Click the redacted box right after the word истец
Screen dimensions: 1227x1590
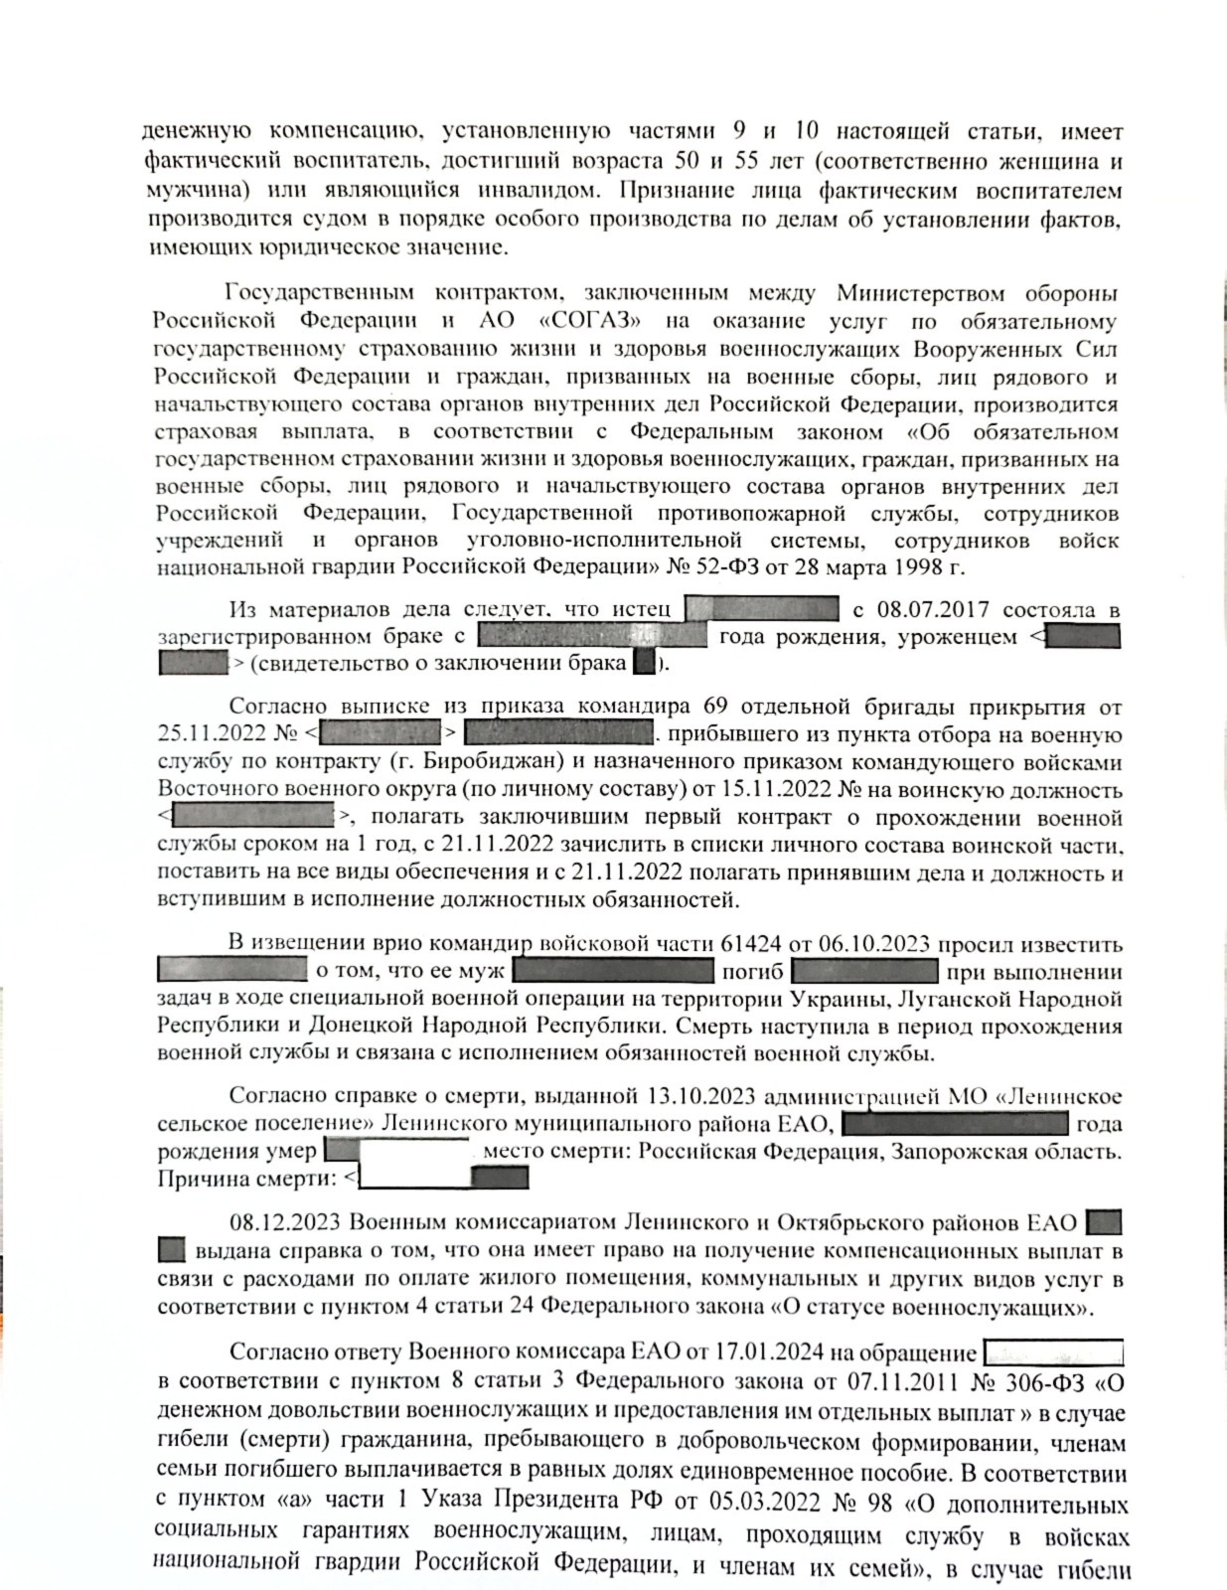[x=762, y=609]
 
